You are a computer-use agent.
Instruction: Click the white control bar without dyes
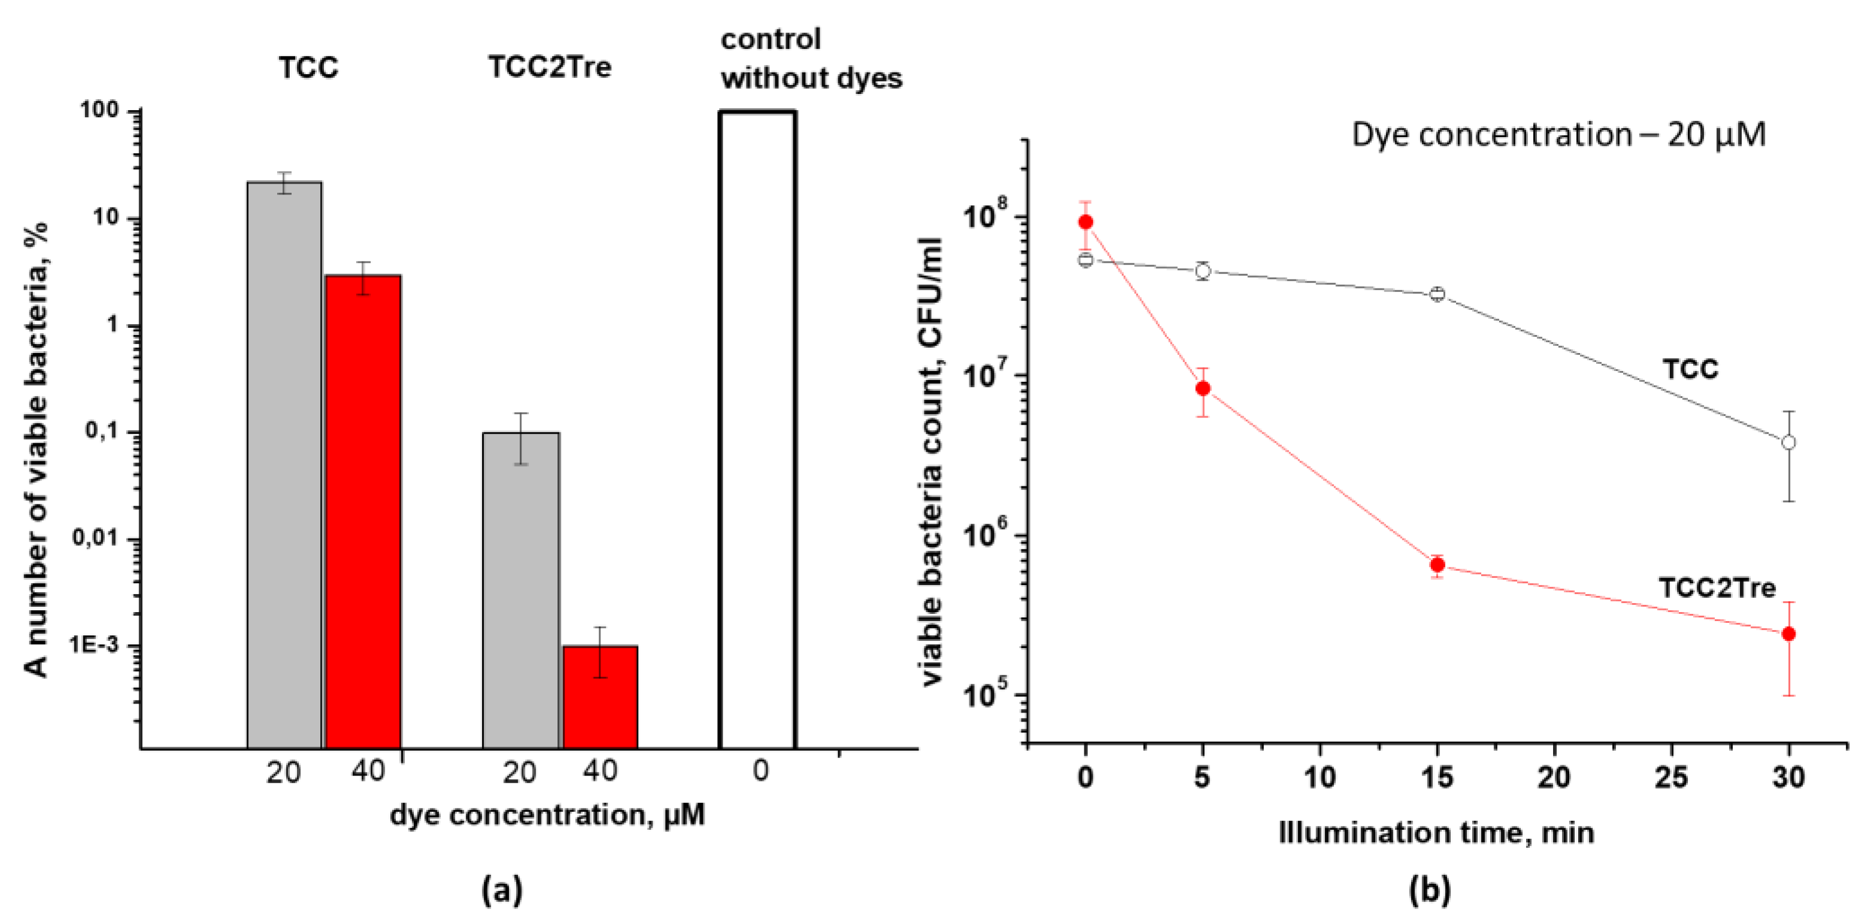(757, 428)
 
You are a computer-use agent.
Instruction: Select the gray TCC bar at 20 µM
(284, 465)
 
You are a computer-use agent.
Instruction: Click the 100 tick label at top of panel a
(99, 110)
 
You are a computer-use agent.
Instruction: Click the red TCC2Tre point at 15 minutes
(1437, 565)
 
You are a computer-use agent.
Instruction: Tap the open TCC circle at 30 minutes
(1788, 442)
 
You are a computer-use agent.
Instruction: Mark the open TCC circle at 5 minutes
(1203, 271)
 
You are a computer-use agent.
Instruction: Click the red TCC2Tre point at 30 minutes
(1788, 634)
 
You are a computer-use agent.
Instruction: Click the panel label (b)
(1429, 889)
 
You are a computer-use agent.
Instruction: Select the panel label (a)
(502, 889)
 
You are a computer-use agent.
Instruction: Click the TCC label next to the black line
(1690, 370)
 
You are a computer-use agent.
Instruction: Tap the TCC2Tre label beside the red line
(1717, 588)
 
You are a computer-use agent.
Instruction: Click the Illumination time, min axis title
(1436, 833)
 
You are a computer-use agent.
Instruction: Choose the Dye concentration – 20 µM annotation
(1558, 135)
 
